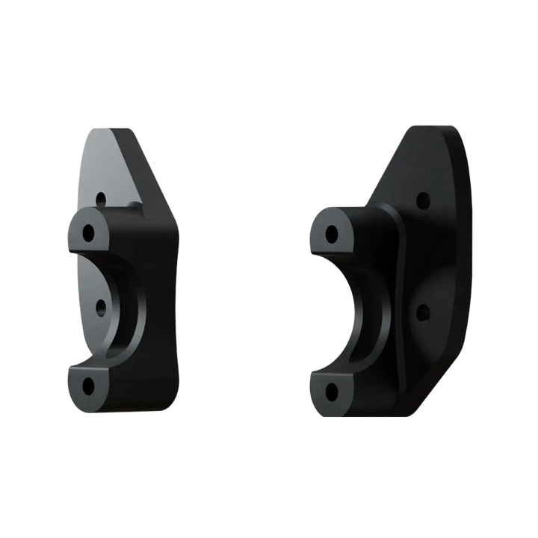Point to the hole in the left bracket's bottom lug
pos(89,386)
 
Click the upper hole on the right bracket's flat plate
pos(424,200)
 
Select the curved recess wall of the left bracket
pos(127,306)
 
